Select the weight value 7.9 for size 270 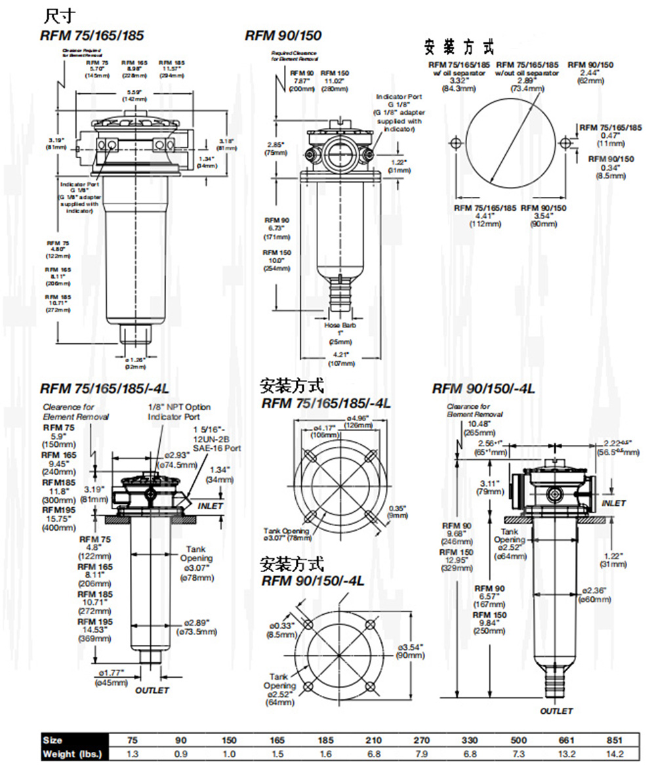pyautogui.click(x=421, y=753)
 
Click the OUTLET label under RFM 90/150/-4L pyautogui.click(x=556, y=711)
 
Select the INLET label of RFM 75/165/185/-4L pyautogui.click(x=211, y=506)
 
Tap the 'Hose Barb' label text pyautogui.click(x=340, y=325)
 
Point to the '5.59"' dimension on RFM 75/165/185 pyautogui.click(x=135, y=91)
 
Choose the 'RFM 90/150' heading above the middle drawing pyautogui.click(x=283, y=35)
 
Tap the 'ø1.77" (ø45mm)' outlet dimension pyautogui.click(x=113, y=676)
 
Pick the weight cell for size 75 pyautogui.click(x=133, y=753)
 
